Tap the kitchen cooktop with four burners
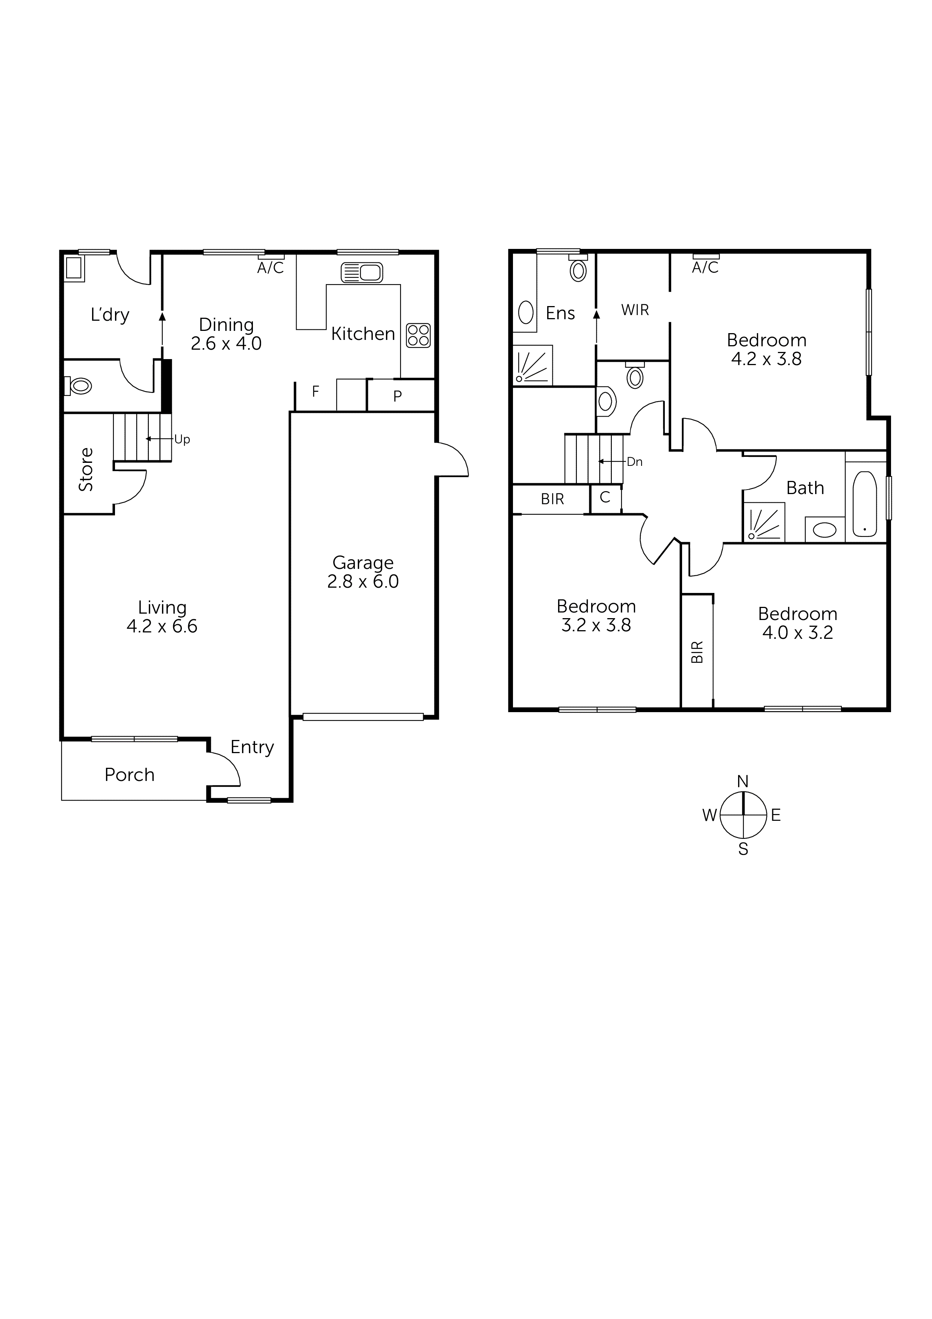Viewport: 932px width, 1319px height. point(418,335)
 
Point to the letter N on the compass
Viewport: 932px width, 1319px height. point(743,781)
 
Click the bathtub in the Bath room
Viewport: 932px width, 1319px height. point(864,504)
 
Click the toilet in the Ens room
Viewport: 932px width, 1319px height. point(578,270)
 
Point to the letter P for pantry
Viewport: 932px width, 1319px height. point(397,396)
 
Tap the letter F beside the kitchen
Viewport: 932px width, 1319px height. point(315,392)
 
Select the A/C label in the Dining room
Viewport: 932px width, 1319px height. point(271,268)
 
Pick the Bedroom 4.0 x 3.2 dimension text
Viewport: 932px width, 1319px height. point(797,632)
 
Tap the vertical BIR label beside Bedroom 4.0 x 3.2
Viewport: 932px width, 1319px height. point(697,652)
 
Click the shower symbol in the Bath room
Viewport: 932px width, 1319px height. point(764,522)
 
